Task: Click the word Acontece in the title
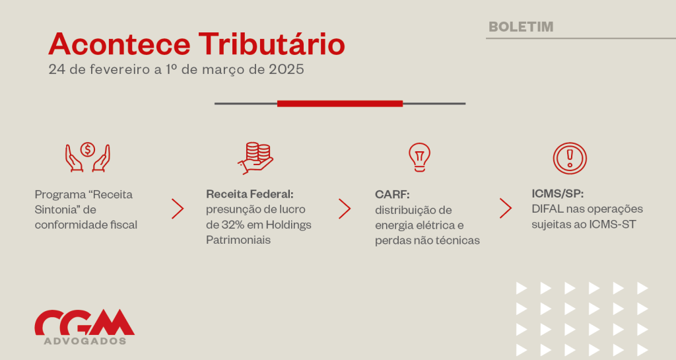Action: coord(119,44)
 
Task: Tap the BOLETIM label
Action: coord(521,26)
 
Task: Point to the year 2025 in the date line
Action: coord(287,69)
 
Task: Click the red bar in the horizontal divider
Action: coord(340,104)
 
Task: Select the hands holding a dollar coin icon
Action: coord(88,157)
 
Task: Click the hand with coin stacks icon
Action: coord(255,159)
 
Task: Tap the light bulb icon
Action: coord(419,157)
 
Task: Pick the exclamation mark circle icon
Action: coord(570,159)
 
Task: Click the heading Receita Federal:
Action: coord(250,194)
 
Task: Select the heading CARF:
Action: coord(392,194)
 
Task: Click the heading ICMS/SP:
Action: coord(557,194)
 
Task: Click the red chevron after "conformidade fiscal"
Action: coord(178,209)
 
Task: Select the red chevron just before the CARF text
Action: coord(345,209)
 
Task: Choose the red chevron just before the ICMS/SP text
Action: coord(506,208)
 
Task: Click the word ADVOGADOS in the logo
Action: coord(85,341)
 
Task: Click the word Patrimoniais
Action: coord(238,240)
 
